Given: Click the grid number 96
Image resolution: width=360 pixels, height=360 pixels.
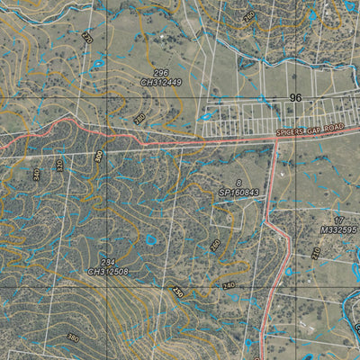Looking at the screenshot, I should pyautogui.click(x=294, y=96).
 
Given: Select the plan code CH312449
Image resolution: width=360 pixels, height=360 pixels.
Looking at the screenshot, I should pyautogui.click(x=161, y=83).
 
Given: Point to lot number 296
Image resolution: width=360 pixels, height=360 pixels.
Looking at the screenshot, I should pyautogui.click(x=160, y=73).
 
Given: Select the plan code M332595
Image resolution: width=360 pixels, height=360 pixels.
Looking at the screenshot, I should pyautogui.click(x=337, y=230).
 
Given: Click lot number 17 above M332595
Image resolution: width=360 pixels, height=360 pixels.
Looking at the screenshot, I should pyautogui.click(x=339, y=220).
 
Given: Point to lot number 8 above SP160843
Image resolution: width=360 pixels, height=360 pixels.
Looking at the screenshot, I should pyautogui.click(x=239, y=183).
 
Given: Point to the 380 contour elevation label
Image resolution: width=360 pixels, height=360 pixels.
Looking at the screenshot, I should pyautogui.click(x=71, y=337).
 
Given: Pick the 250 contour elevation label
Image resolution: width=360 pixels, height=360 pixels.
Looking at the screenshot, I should pyautogui.click(x=177, y=292).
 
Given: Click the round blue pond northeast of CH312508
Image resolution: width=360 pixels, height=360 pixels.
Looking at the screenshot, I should pyautogui.click(x=150, y=239).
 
